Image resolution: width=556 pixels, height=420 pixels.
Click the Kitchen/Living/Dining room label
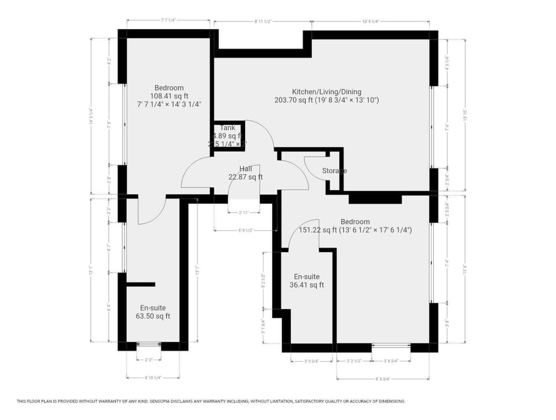coord(327,91)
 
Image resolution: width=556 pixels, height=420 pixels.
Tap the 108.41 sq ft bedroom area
coord(169,96)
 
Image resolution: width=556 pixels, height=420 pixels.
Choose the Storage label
coord(334,171)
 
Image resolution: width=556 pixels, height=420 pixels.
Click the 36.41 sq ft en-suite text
coord(306,285)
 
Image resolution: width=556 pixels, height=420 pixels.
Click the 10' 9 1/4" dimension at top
coord(370,21)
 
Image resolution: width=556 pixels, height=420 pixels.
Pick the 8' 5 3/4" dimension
coord(382,379)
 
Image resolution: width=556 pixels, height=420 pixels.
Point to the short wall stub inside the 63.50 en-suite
coord(141,284)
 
